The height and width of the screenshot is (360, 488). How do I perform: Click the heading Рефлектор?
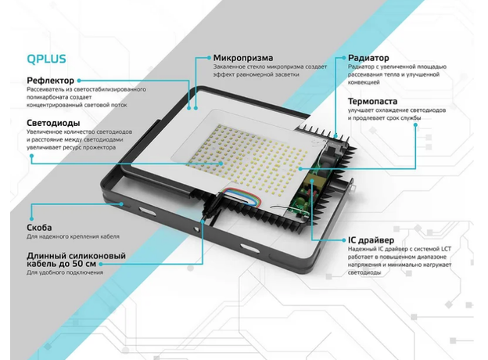[x=51, y=80]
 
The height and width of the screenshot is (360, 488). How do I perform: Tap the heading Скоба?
[x=40, y=228]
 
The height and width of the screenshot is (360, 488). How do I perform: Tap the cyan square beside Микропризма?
[x=207, y=58]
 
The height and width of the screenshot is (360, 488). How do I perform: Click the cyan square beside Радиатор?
[x=340, y=58]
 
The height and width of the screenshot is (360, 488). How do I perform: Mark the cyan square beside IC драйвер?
[x=340, y=239]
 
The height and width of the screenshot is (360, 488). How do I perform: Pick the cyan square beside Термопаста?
[x=340, y=101]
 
